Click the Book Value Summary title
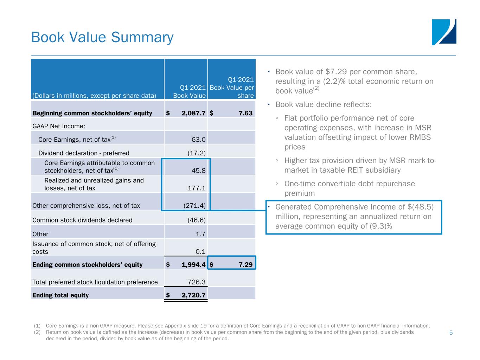click(x=102, y=37)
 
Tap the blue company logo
click(x=444, y=32)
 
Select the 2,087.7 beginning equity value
click(x=193, y=113)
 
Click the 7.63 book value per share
click(x=245, y=113)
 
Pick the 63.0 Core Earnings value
click(x=198, y=140)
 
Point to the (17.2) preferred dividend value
click(x=196, y=153)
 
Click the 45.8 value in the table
click(x=198, y=171)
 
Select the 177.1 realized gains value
click(x=196, y=188)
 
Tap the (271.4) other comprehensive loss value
click(x=194, y=205)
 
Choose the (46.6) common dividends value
click(x=196, y=220)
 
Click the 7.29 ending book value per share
click(x=245, y=264)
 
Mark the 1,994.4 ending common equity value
click(x=193, y=264)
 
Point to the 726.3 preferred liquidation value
click(x=196, y=282)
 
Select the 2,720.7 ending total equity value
click(x=193, y=295)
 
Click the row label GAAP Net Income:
click(x=59, y=126)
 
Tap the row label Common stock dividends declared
click(x=82, y=220)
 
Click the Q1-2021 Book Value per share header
click(x=232, y=88)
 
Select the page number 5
click(x=451, y=333)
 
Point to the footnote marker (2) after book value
click(x=316, y=88)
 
